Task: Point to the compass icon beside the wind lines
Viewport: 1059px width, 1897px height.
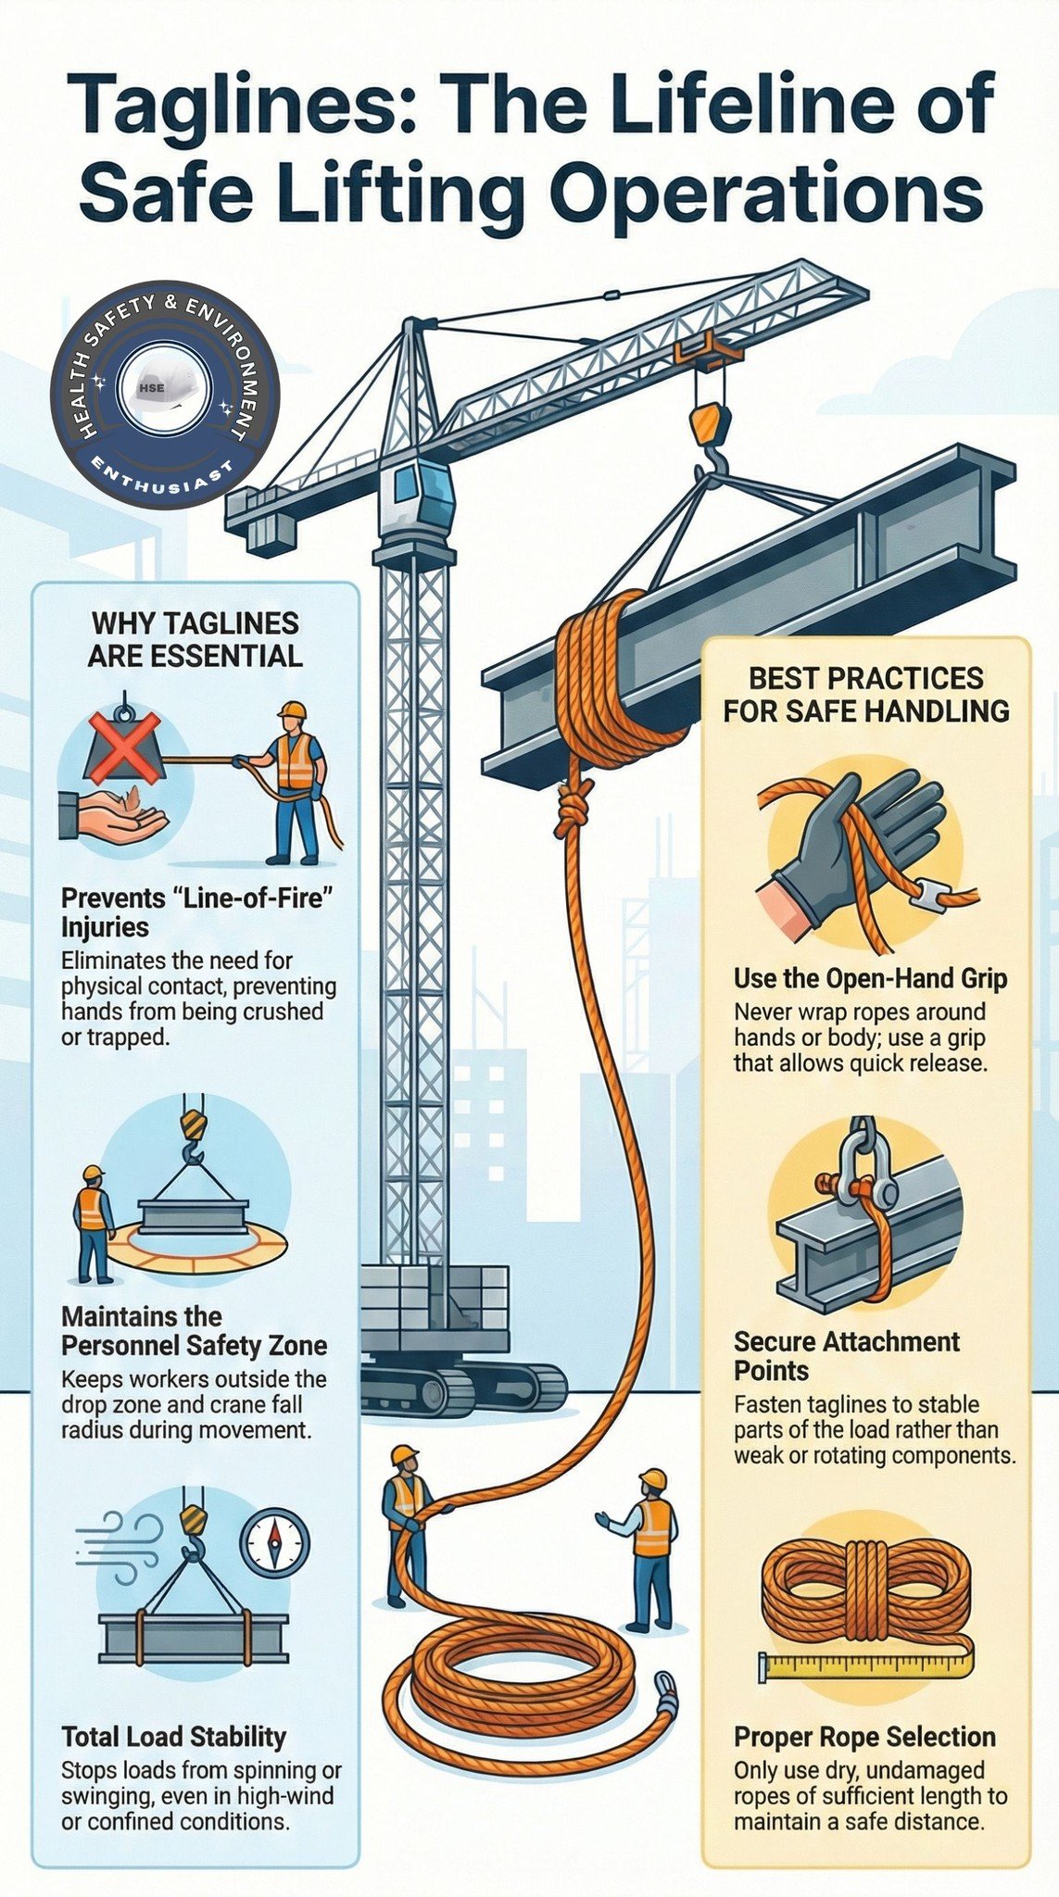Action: [x=275, y=1543]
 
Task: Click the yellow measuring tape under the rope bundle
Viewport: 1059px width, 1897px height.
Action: [x=867, y=1665]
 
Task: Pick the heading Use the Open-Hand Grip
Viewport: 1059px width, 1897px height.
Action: [x=870, y=978]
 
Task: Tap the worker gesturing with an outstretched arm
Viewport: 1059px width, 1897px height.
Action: [x=644, y=1549]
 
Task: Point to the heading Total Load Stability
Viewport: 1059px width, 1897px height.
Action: [x=174, y=1735]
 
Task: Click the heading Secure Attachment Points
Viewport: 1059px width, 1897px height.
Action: [x=847, y=1355]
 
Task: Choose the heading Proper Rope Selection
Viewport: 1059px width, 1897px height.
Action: [x=864, y=1736]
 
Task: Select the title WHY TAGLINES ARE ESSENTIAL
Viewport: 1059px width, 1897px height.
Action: [x=195, y=639]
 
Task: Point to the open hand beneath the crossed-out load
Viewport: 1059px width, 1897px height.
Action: [x=114, y=816]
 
